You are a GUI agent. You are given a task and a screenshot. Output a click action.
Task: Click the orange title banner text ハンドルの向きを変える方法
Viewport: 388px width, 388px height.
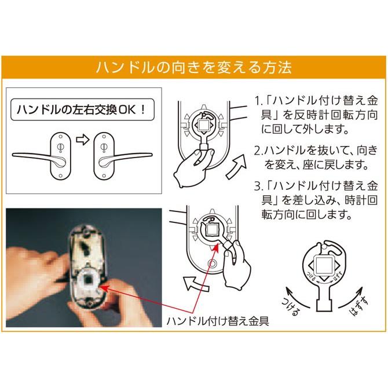(194, 67)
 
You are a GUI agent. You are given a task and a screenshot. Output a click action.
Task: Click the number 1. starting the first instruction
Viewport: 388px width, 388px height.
(259, 100)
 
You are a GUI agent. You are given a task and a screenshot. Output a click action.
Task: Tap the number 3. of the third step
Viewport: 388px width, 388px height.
(259, 188)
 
